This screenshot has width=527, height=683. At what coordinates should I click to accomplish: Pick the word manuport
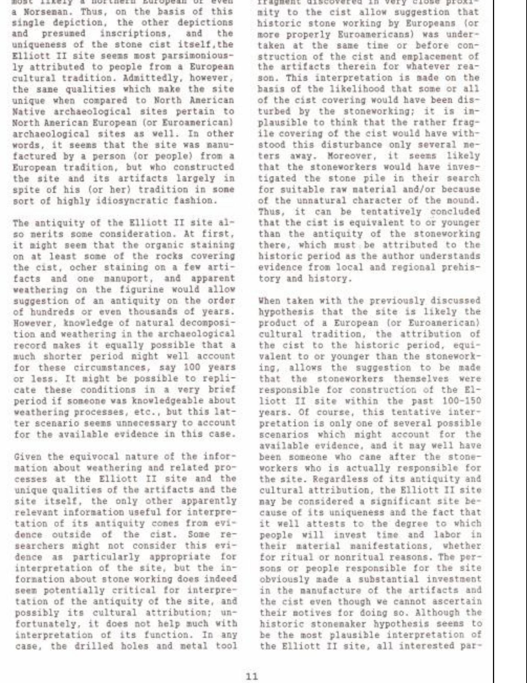pyautogui.click(x=123, y=279)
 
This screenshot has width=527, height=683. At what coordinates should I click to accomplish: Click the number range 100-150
pyautogui.click(x=461, y=401)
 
